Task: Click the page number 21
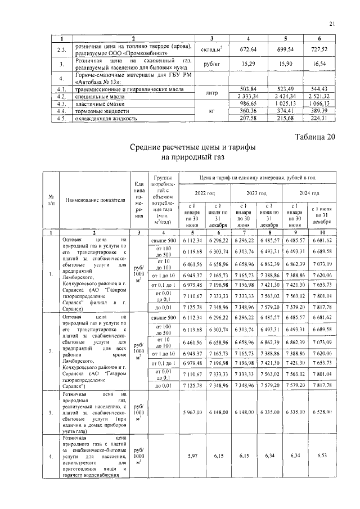(x=332, y=23)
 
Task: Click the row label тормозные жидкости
(x=100, y=111)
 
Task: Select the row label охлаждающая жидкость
(x=106, y=119)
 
